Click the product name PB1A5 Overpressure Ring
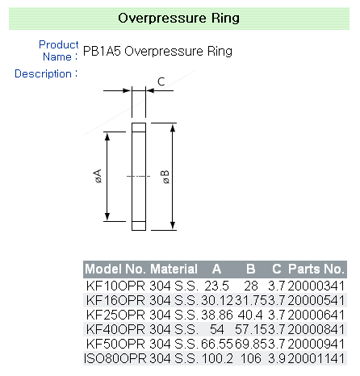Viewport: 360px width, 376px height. point(157,52)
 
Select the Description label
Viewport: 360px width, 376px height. point(46,73)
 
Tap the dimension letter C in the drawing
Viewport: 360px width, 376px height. point(161,81)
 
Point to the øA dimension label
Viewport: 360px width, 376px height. point(98,176)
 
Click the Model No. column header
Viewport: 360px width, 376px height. point(115,269)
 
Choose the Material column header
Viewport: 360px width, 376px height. point(174,269)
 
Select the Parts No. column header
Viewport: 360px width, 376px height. point(316,269)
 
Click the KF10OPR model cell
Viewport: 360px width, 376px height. point(115,286)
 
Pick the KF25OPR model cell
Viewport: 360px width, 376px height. point(115,315)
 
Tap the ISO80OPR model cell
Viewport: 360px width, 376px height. point(115,358)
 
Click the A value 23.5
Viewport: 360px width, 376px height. point(217,286)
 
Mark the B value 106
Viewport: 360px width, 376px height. point(252,358)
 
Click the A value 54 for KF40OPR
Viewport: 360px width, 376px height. point(217,329)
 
